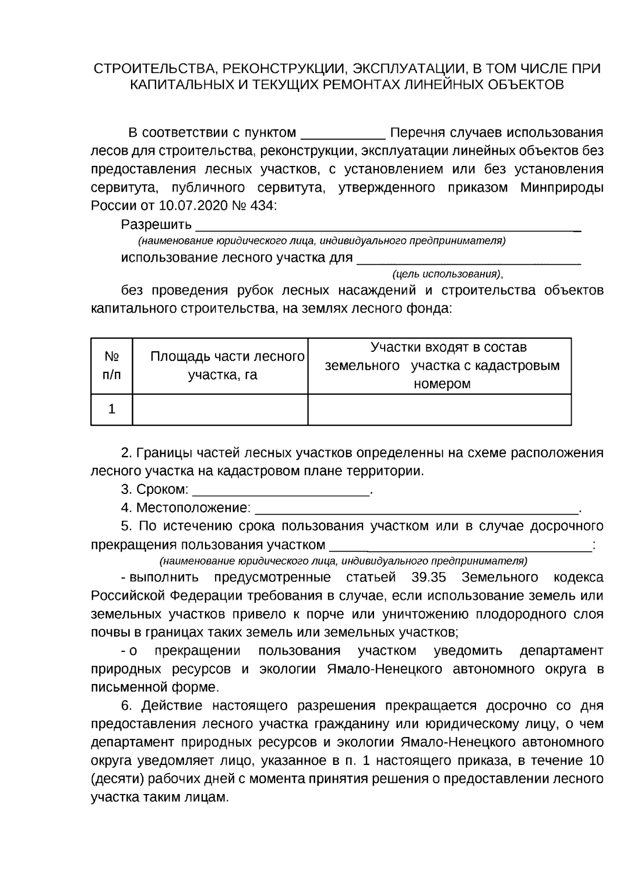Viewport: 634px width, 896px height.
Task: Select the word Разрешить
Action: click(156, 225)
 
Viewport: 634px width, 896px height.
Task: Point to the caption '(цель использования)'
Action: click(447, 274)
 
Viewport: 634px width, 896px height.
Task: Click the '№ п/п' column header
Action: click(111, 366)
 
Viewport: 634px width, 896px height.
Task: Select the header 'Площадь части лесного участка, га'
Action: click(220, 366)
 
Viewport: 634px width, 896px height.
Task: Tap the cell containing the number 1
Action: click(111, 409)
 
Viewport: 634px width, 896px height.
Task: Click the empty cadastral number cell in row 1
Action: click(439, 409)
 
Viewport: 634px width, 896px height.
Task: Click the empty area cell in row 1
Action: click(220, 409)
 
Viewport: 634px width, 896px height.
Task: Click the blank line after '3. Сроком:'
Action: click(281, 491)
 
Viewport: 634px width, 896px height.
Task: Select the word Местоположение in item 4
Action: click(193, 508)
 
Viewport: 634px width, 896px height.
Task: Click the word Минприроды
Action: click(562, 188)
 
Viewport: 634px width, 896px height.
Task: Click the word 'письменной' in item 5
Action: click(125, 687)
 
